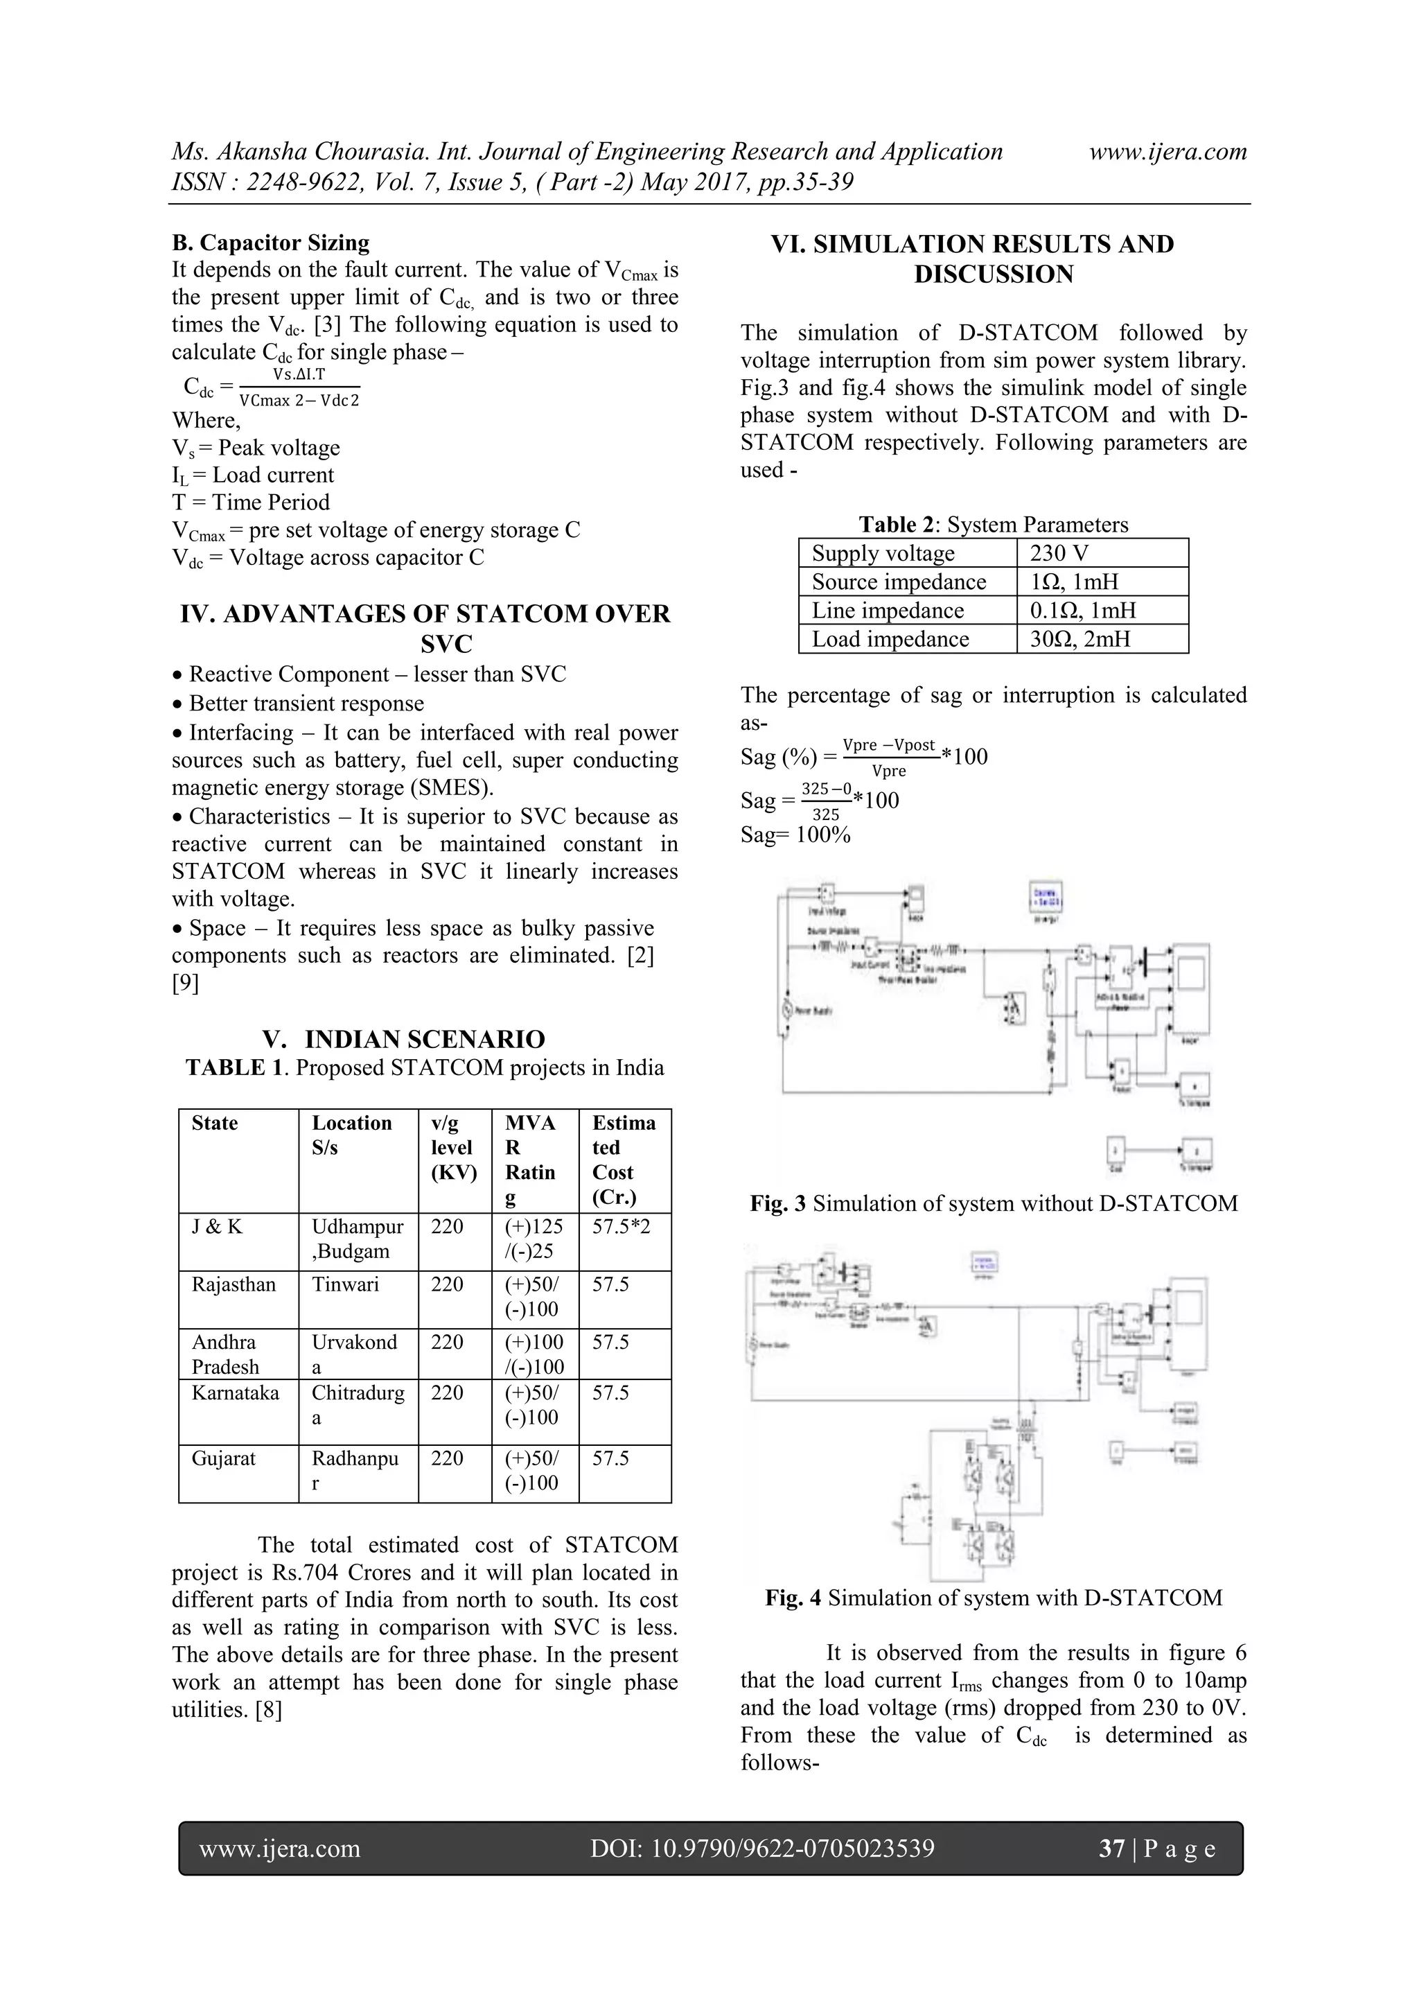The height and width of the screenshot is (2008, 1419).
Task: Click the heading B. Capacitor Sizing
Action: coord(270,243)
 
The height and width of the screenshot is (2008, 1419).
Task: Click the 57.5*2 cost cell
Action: coord(621,1227)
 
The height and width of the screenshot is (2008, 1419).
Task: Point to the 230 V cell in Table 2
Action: coord(1059,554)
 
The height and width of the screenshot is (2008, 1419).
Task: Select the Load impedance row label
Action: coord(890,639)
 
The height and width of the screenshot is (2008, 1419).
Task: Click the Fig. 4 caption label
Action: coord(792,1598)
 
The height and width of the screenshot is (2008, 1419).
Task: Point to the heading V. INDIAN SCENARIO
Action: coord(403,1039)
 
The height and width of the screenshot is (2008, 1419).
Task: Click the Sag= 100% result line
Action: coord(795,835)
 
